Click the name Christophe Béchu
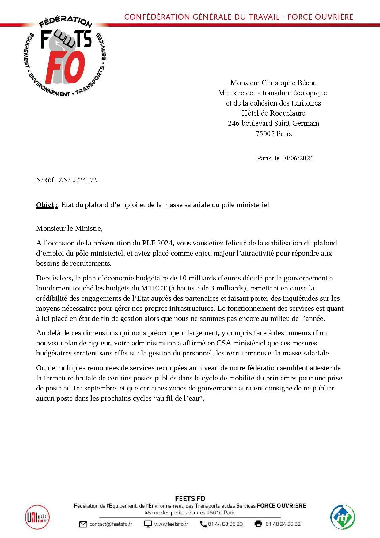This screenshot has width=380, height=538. (289, 83)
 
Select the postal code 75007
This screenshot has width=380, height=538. (265, 134)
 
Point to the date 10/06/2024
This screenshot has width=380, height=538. (297, 158)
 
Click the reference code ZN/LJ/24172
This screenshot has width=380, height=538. (78, 180)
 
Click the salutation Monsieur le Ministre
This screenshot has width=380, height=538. (69, 228)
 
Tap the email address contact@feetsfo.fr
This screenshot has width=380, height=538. (111, 524)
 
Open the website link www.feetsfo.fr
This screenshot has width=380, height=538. (171, 524)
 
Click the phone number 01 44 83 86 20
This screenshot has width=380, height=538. (225, 524)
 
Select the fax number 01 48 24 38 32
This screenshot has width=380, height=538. (283, 524)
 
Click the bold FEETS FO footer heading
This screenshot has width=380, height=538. (190, 498)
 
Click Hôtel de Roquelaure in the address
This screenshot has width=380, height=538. (273, 113)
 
